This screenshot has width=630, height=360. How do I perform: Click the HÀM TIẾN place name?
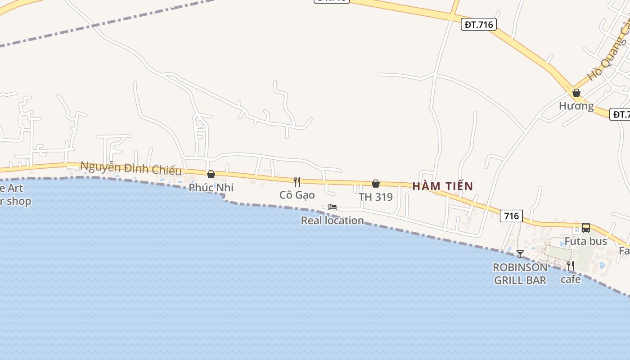click(443, 186)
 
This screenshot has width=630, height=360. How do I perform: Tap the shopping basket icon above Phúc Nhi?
click(211, 174)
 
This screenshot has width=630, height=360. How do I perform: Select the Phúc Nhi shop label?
click(211, 187)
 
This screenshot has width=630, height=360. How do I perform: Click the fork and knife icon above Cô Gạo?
click(297, 182)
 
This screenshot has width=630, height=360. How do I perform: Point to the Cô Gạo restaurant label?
click(297, 195)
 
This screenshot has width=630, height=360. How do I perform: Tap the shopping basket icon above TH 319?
click(376, 184)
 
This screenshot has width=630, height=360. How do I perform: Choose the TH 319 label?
click(376, 197)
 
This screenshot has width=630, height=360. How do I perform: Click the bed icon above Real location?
click(333, 207)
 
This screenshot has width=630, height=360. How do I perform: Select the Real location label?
click(333, 220)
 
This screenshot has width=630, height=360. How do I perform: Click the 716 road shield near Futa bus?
click(511, 216)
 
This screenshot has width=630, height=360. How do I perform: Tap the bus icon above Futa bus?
click(586, 228)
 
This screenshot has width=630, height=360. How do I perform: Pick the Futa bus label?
click(586, 241)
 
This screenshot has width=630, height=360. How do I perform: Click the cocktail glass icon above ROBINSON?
click(520, 254)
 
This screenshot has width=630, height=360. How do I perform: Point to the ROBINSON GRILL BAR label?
click(520, 274)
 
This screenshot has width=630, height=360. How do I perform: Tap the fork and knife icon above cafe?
click(571, 266)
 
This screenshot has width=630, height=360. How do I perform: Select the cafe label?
click(571, 279)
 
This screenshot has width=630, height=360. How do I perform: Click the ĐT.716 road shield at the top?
click(479, 24)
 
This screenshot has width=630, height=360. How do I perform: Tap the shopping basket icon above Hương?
click(576, 93)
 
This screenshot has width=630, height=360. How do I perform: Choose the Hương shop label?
click(576, 106)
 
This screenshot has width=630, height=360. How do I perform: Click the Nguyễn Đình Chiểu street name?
click(131, 168)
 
